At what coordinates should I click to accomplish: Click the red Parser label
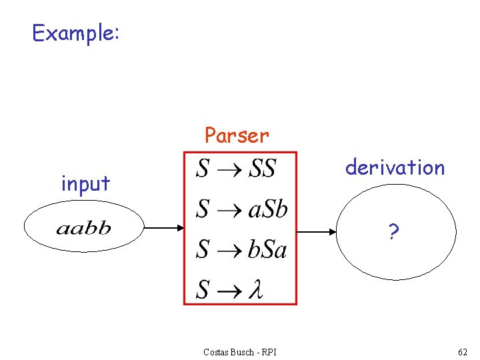(x=237, y=135)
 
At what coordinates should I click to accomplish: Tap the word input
(x=85, y=183)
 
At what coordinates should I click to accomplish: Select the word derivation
(x=395, y=167)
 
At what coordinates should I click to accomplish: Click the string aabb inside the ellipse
(x=83, y=229)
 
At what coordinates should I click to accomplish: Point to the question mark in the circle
(x=394, y=232)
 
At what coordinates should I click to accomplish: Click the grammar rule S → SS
(x=236, y=169)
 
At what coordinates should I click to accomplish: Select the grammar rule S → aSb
(x=241, y=209)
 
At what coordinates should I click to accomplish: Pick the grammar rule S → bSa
(x=241, y=249)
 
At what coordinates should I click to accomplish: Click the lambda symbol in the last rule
(x=255, y=289)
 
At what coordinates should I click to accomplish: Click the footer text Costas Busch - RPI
(x=240, y=351)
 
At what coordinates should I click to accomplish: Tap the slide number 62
(x=463, y=351)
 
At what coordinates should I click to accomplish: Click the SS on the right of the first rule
(x=262, y=169)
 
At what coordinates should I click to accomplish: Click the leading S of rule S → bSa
(x=203, y=249)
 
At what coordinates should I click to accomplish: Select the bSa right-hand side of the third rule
(x=267, y=249)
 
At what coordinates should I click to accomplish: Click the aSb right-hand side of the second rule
(x=267, y=209)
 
